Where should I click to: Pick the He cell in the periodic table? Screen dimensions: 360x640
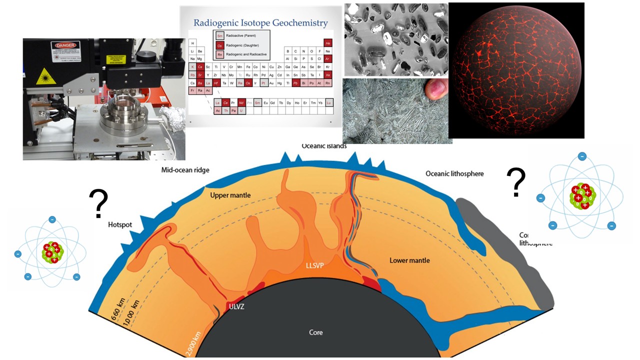pyautogui.click(x=328, y=43)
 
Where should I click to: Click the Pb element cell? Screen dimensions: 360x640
pyautogui.click(x=296, y=82)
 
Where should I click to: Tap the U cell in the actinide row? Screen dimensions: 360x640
pyautogui.click(x=241, y=110)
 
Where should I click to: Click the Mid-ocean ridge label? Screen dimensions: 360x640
pyautogui.click(x=185, y=170)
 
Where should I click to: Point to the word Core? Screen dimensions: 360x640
pyautogui.click(x=316, y=332)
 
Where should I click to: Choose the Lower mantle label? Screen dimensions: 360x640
pyautogui.click(x=409, y=260)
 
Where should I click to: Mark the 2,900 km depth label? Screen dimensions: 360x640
pyautogui.click(x=193, y=345)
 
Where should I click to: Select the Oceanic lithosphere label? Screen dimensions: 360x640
pyautogui.click(x=454, y=173)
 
